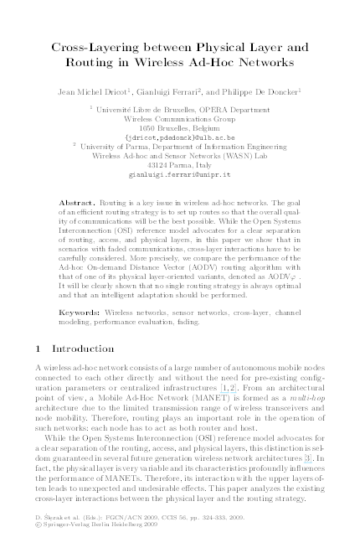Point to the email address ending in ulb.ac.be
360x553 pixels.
[179, 136]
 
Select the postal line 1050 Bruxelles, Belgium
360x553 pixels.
[179, 127]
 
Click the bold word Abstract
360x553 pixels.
[79, 204]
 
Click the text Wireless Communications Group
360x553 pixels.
[179, 117]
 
